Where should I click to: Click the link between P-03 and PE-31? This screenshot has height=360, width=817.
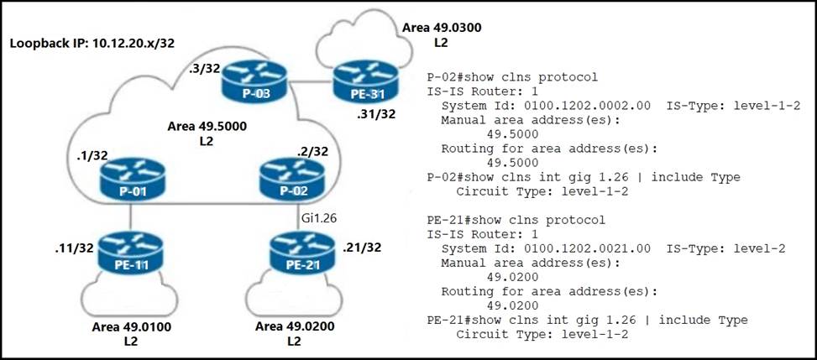click(x=307, y=82)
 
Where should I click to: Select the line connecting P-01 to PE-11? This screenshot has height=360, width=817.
click(x=130, y=217)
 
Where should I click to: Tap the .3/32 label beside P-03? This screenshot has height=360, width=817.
click(x=206, y=70)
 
